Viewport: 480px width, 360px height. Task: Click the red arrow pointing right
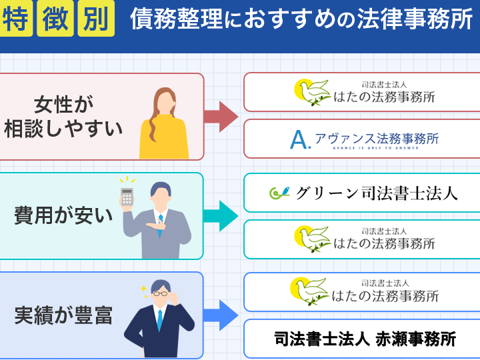pos(221,117)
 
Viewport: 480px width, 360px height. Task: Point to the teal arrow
pos(221,215)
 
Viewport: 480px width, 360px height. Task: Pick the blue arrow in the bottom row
pos(221,315)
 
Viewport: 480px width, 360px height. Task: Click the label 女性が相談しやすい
pos(64,117)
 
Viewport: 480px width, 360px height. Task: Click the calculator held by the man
pos(127,196)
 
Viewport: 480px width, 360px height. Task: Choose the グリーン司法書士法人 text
pos(376,193)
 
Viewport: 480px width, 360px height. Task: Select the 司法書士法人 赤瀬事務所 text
pos(365,339)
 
